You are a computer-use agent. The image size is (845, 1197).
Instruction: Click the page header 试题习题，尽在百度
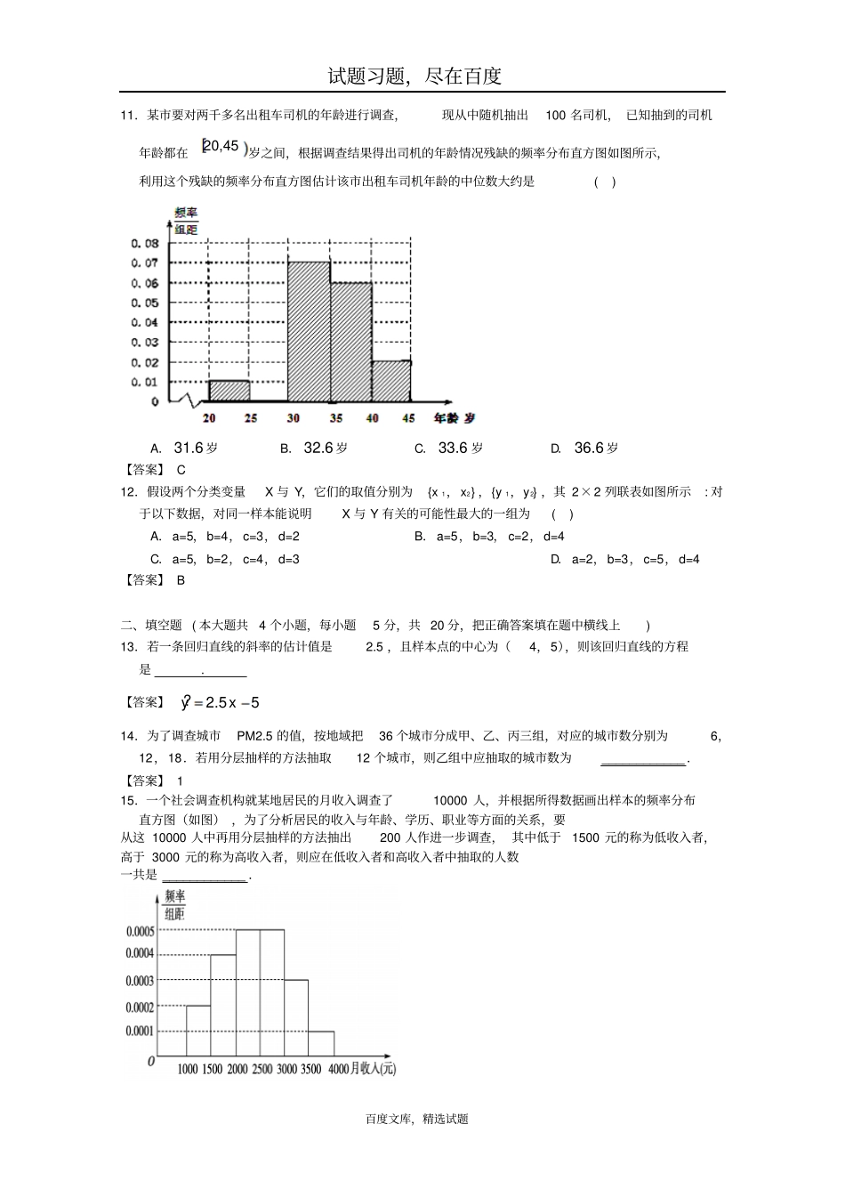coord(414,76)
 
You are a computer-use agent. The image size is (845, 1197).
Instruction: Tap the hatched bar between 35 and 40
coord(350,342)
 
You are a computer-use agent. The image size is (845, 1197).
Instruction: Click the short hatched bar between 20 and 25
coord(229,391)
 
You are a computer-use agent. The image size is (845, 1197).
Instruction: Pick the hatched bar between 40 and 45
coord(391,381)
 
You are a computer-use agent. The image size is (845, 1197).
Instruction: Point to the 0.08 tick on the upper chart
coord(144,243)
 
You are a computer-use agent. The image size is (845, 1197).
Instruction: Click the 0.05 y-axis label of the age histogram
coord(144,303)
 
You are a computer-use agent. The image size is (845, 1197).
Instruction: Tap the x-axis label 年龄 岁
coord(454,417)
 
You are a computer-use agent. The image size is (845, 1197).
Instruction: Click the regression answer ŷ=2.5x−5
coord(221,702)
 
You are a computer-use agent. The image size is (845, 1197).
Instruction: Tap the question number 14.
coord(127,736)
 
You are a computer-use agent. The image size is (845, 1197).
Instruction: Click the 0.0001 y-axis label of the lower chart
coord(140,1031)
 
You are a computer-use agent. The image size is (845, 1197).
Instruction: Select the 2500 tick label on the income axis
coord(262,1069)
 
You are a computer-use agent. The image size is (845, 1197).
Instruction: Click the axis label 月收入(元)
coord(373,1069)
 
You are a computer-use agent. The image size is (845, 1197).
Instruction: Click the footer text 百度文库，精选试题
coord(416,1120)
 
